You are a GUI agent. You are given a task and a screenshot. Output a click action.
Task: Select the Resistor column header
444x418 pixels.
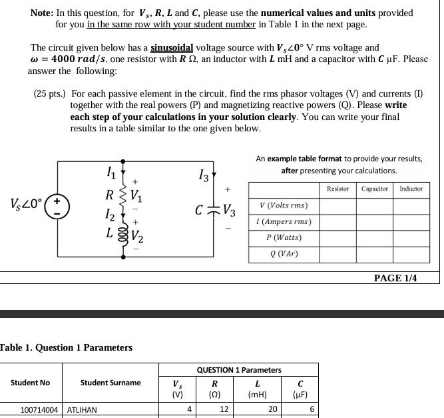[337, 189]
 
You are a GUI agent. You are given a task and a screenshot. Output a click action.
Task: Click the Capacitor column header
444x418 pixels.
[375, 189]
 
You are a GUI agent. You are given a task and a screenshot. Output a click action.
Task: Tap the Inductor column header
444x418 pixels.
[411, 189]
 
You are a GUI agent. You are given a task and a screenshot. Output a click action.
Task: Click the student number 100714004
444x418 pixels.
[39, 410]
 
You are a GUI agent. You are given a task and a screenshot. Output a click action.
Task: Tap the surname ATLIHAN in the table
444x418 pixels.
[82, 410]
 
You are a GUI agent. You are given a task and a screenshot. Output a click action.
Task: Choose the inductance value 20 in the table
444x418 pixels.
[272, 409]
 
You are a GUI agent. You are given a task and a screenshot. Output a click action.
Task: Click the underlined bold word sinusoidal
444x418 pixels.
[172, 48]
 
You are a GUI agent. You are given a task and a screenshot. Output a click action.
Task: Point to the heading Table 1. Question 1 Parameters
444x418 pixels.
[66, 347]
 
